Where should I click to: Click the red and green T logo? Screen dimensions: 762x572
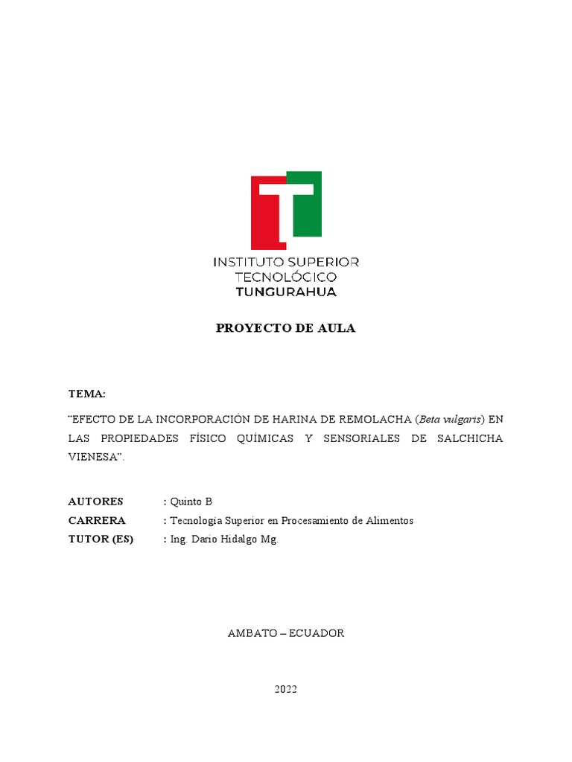286,210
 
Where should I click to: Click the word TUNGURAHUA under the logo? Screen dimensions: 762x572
286,292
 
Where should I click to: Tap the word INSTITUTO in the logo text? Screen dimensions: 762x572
244,262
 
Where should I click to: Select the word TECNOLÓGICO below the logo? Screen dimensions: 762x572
286,277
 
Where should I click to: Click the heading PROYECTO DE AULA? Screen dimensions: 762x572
286,328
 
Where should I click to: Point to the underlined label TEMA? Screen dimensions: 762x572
87,393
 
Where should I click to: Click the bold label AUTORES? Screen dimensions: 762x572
96,501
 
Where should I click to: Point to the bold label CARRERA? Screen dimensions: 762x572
97,520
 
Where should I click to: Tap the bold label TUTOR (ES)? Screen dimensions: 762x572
101,540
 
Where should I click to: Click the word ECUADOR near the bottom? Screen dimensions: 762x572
317,633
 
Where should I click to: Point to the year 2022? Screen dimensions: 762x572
286,689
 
